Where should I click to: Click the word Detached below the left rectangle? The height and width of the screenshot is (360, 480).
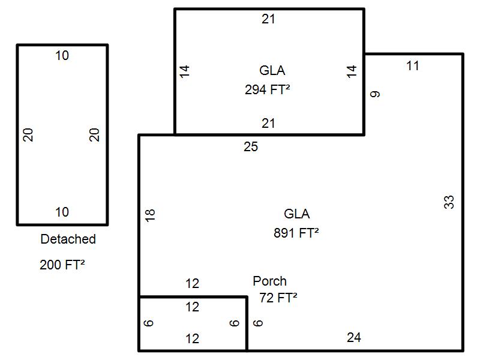click(68, 239)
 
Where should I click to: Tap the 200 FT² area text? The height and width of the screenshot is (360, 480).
click(62, 265)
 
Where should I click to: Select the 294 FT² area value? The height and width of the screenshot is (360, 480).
click(268, 90)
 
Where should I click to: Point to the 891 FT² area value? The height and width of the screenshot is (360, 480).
click(296, 233)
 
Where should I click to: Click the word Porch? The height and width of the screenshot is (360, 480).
click(269, 281)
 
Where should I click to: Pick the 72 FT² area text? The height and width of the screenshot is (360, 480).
click(279, 298)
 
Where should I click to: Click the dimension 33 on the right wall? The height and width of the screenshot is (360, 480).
click(449, 202)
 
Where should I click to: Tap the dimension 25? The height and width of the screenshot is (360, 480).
click(251, 146)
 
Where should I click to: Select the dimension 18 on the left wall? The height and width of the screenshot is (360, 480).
click(150, 214)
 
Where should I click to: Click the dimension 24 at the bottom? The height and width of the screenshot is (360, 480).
click(354, 338)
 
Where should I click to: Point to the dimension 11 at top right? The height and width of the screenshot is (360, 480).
click(412, 66)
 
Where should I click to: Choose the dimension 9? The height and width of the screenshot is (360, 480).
click(376, 94)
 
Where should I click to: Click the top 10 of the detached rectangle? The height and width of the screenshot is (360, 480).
click(62, 56)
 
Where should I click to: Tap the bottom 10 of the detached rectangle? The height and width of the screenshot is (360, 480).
click(62, 212)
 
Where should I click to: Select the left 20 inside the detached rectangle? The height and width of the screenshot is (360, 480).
click(28, 135)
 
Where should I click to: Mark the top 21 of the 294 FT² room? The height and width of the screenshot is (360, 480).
click(268, 19)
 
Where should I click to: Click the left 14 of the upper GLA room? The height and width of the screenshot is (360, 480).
click(185, 71)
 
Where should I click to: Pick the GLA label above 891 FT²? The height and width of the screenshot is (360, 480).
click(297, 214)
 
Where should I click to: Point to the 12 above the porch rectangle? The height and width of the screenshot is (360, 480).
click(192, 284)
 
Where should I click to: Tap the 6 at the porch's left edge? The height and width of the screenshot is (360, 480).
click(149, 323)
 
